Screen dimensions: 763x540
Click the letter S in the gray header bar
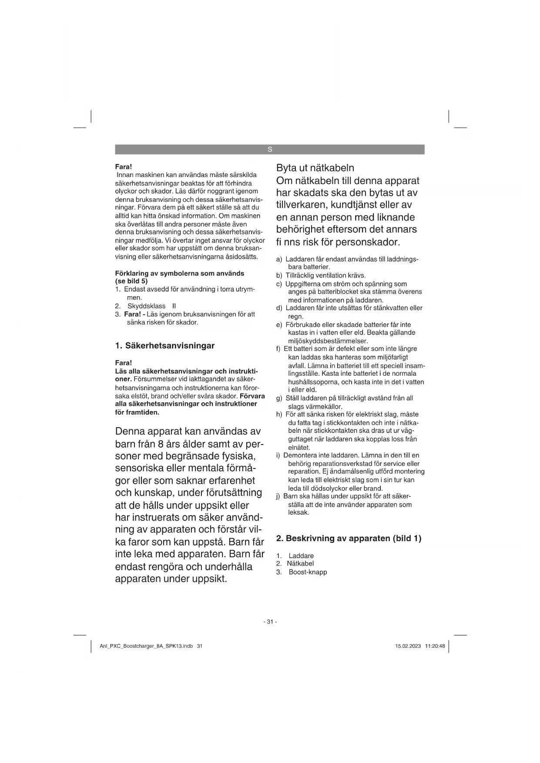[270, 150]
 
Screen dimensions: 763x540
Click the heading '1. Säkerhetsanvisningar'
[165, 346]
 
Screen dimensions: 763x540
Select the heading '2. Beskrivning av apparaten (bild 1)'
[349, 539]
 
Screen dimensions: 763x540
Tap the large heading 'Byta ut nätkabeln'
[315, 168]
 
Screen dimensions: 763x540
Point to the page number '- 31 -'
[270, 622]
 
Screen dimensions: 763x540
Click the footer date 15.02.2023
[408, 646]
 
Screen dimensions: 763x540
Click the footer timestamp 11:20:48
[435, 646]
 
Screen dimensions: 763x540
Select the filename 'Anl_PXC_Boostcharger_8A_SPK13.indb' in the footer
[146, 646]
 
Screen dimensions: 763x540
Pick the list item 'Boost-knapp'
[308, 572]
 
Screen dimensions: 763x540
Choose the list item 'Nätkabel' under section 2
[300, 564]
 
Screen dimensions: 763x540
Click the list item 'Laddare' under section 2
[301, 556]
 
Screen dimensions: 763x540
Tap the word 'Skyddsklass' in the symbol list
[147, 306]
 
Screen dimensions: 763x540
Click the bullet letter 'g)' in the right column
[279, 398]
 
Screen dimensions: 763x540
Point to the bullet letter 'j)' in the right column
[278, 496]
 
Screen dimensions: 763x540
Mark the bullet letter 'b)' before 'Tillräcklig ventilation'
[279, 275]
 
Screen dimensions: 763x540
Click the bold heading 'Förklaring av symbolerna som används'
[180, 273]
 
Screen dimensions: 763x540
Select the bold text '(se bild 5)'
[131, 281]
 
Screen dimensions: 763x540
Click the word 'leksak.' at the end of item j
[299, 512]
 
